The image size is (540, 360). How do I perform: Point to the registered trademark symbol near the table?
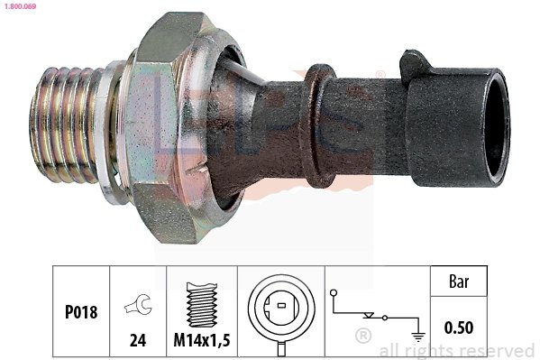[x=362, y=337]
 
